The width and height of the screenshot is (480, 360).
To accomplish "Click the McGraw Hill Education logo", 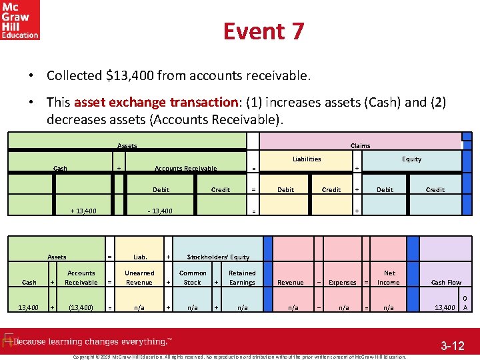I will tap(20, 20).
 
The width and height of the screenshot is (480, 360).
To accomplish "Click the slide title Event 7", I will tap(263, 31).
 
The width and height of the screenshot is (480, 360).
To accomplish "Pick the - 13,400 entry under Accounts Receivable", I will tap(160, 211).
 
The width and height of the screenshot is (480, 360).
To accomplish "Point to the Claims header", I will tap(360, 145).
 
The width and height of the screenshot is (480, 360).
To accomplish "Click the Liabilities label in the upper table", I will tap(307, 159).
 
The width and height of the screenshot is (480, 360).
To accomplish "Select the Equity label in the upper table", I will tap(411, 159).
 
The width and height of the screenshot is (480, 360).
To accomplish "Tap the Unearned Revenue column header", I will tap(139, 277).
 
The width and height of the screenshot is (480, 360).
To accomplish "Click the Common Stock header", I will tap(193, 277).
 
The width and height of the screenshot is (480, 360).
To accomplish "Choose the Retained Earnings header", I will tap(242, 277).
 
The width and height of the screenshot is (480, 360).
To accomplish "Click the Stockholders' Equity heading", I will tap(218, 257).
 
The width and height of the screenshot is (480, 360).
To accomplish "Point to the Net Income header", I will tap(389, 277).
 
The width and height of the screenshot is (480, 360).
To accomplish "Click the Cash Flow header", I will tap(446, 282).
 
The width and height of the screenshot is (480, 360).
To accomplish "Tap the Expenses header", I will tap(343, 283).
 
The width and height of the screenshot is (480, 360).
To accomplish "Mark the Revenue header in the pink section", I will tap(290, 283).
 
